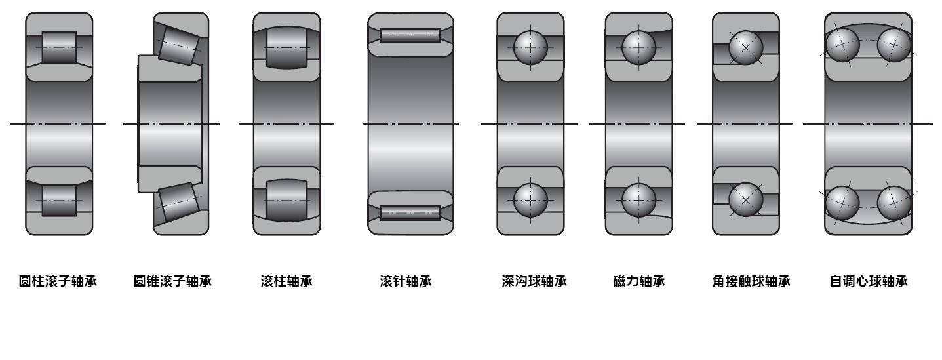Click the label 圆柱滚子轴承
click(58, 281)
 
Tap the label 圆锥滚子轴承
click(172, 281)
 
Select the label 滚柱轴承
click(286, 281)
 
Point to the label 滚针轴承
click(406, 281)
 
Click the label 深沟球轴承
click(534, 281)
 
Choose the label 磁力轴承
click(638, 281)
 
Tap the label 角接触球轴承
click(751, 281)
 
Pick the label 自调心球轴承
click(869, 281)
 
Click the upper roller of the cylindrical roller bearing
click(59, 47)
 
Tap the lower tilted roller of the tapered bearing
click(180, 201)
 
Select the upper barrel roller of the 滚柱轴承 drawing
click(286, 47)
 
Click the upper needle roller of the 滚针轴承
click(410, 35)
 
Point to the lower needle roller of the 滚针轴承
click(410, 212)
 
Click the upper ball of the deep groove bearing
click(530, 47)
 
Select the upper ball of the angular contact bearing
click(746, 47)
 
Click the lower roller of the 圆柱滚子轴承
click(59, 200)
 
